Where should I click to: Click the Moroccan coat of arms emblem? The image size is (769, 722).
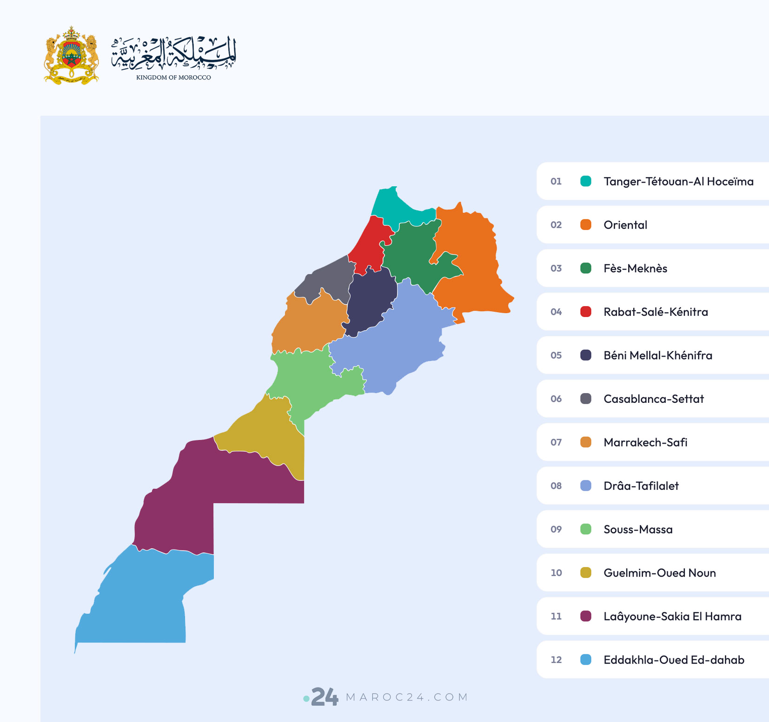[x=71, y=55]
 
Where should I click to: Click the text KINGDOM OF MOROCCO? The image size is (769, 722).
[x=173, y=78]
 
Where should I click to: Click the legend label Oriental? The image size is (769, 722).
[x=625, y=225]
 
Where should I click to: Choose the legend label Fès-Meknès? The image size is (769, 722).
[x=635, y=269]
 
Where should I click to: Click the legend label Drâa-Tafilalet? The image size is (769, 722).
[x=641, y=486]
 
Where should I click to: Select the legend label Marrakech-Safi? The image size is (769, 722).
[x=645, y=442]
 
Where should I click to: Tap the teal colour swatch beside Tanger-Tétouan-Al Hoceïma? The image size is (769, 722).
[x=586, y=181]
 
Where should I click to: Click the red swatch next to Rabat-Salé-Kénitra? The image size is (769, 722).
[x=586, y=312]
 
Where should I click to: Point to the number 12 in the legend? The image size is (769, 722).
[x=556, y=660]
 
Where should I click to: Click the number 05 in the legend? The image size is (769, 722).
[x=556, y=355]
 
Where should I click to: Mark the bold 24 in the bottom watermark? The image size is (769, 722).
[x=325, y=697]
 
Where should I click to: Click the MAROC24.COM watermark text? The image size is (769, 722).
[x=407, y=697]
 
